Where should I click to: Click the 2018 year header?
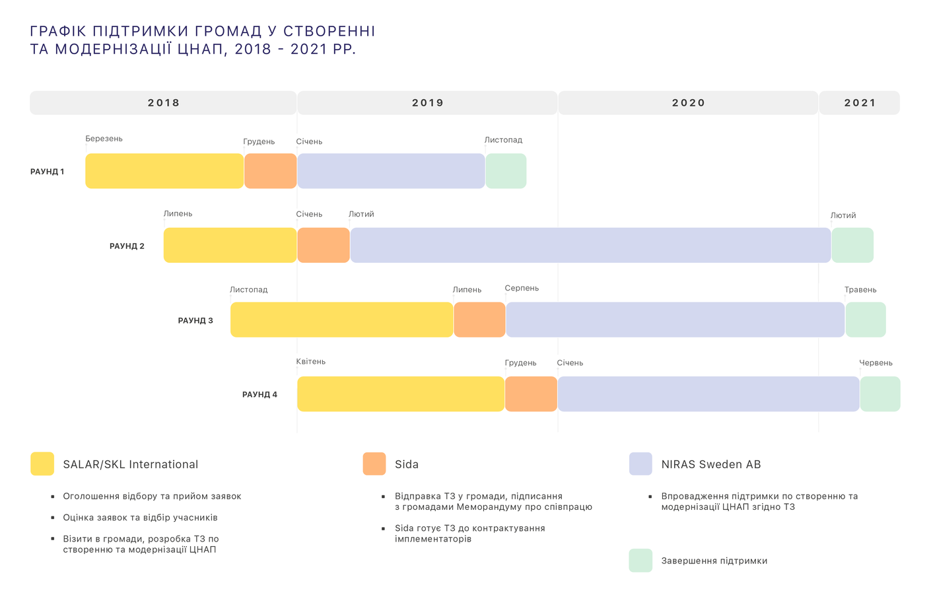tap(163, 103)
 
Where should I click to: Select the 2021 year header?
tap(859, 103)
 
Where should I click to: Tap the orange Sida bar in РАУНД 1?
tap(270, 171)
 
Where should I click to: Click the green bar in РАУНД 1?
tap(506, 171)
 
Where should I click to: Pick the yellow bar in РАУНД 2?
tap(230, 245)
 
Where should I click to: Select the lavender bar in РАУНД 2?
tap(590, 245)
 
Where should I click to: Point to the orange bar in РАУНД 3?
tap(479, 320)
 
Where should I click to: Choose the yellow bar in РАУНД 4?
tap(401, 394)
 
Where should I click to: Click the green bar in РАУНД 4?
tap(880, 394)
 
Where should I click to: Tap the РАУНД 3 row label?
tap(195, 320)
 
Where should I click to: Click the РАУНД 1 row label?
tap(48, 172)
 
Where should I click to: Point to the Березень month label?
tap(104, 139)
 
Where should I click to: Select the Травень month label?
tap(860, 290)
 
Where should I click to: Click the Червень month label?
tap(876, 363)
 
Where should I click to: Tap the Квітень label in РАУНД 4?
tap(311, 362)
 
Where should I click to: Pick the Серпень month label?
tap(522, 289)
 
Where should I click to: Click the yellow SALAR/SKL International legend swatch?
tap(42, 464)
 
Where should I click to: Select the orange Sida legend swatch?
tap(374, 464)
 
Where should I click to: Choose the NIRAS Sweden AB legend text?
tap(711, 464)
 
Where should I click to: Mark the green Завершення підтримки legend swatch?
tap(640, 561)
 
